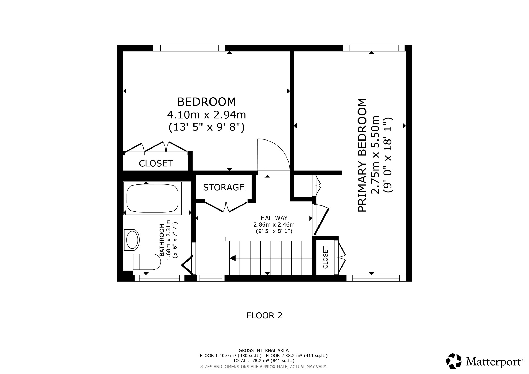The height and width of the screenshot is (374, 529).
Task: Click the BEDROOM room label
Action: point(206,102)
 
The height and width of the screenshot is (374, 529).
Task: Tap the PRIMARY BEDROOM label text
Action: point(362,155)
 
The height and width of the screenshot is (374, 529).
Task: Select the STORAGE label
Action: point(224,187)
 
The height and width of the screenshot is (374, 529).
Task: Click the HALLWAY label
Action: point(274,218)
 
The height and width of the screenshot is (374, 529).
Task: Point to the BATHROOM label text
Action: point(162,240)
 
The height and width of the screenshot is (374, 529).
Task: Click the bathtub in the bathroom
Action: point(153,198)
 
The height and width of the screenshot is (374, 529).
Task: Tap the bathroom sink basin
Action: point(132,240)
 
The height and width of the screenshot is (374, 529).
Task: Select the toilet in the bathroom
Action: point(142,262)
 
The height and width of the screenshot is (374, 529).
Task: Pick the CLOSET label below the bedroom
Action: point(156,163)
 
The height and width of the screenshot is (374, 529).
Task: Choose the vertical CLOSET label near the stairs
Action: point(325,258)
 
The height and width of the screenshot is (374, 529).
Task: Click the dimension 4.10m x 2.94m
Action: point(206,115)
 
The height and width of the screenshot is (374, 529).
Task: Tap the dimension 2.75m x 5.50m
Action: point(375,155)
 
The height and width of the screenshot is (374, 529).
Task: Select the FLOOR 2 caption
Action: point(264,315)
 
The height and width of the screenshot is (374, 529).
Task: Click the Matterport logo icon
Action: point(454,361)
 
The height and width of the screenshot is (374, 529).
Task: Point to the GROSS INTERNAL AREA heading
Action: point(264,350)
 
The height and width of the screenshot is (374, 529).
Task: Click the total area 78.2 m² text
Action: point(264,361)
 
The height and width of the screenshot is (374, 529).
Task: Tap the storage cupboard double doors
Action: point(226,206)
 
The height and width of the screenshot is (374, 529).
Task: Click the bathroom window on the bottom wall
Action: point(159,278)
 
